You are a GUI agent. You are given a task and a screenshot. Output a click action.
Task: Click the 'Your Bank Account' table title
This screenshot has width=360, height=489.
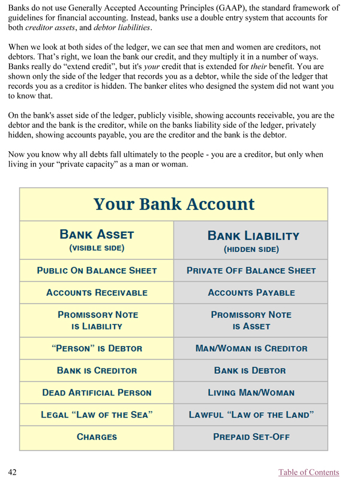point(174,204)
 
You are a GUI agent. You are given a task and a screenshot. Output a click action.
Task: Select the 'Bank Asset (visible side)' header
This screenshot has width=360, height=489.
point(97,240)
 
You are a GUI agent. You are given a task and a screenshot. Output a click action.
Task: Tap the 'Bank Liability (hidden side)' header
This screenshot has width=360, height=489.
point(251,241)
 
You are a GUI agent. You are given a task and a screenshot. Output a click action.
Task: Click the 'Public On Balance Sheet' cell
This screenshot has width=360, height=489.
point(97,271)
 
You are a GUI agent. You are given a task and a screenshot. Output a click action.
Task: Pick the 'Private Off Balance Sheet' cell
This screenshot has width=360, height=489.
point(251,271)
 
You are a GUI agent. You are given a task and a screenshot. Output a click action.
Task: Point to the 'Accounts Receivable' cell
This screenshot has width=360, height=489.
point(97,293)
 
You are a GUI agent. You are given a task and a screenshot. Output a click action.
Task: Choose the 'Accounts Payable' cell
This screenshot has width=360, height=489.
point(251,293)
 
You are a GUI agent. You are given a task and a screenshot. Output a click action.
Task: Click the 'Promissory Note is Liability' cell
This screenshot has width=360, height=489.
point(97,320)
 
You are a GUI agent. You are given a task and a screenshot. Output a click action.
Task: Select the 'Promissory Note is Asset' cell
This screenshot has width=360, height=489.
point(251,320)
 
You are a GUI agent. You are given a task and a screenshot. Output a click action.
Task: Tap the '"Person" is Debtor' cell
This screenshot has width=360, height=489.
point(97,348)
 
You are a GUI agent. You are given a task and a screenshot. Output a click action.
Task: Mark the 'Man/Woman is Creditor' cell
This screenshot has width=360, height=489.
point(251,348)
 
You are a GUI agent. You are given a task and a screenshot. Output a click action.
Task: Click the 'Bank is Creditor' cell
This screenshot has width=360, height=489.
point(97,370)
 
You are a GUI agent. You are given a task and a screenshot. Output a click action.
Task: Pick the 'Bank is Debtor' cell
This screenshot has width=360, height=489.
point(251,370)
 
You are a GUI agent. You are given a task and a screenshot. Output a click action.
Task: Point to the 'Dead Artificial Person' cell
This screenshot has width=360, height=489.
point(97,393)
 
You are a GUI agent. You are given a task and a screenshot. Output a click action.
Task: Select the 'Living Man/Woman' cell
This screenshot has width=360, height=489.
point(251,393)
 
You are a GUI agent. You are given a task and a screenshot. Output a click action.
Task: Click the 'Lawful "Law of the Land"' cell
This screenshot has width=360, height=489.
point(251,415)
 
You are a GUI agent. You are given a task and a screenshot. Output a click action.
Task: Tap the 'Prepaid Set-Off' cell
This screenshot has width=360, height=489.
point(251,437)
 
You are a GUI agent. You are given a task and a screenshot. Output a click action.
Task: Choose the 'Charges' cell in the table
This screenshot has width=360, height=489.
point(97,437)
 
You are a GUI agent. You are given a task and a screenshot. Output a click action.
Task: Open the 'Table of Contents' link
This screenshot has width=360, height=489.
point(308,472)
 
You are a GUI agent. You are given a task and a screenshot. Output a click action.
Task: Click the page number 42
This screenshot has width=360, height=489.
point(12,472)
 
